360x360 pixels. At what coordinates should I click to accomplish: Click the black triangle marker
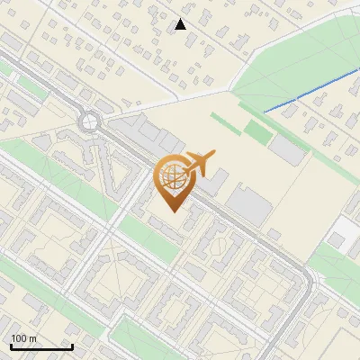coord(181,24)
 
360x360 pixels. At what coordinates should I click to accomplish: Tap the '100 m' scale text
coord(23,338)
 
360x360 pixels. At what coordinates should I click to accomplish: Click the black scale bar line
coord(40,346)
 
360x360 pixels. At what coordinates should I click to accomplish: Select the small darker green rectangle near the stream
coord(257,133)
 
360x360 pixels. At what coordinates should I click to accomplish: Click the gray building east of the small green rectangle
coord(289,148)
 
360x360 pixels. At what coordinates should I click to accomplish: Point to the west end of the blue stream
coord(265,111)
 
